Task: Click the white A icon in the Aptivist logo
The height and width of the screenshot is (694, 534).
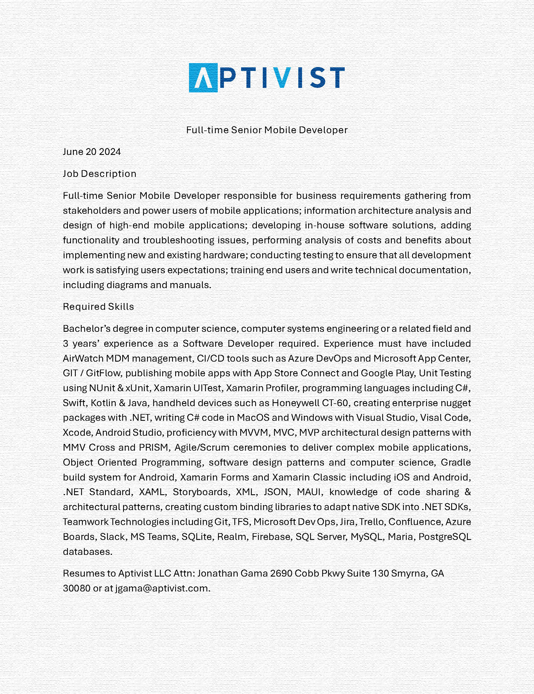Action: [203, 78]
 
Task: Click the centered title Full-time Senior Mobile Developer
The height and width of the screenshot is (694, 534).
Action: [267, 130]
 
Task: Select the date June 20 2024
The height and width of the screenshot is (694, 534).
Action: [92, 152]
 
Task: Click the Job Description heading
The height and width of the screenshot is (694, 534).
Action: [99, 174]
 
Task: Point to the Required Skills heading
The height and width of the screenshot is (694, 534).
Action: [99, 307]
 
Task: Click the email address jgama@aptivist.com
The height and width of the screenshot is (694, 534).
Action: [162, 588]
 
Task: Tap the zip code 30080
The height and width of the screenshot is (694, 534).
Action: [77, 588]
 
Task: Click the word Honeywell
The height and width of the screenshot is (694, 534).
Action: [295, 403]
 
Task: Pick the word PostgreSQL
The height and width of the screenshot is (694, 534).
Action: [444, 537]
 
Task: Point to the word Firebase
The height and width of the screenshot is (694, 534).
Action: [271, 537]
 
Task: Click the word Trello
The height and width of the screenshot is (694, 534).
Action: [371, 522]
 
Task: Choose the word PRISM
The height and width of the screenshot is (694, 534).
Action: [154, 448]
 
